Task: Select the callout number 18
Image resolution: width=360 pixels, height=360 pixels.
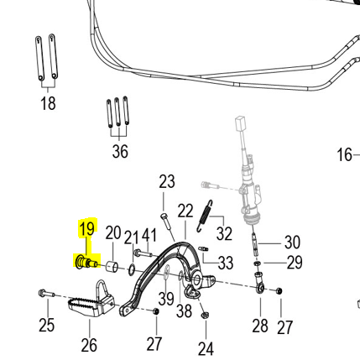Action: [x=48, y=104]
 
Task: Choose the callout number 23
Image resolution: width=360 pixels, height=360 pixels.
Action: [x=167, y=182]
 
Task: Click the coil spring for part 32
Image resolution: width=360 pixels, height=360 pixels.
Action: [x=202, y=227]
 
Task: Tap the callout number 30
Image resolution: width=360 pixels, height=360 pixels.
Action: [x=292, y=243]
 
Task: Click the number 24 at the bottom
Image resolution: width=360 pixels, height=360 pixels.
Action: [x=206, y=347]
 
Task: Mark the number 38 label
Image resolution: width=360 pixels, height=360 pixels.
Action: [x=184, y=311]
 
